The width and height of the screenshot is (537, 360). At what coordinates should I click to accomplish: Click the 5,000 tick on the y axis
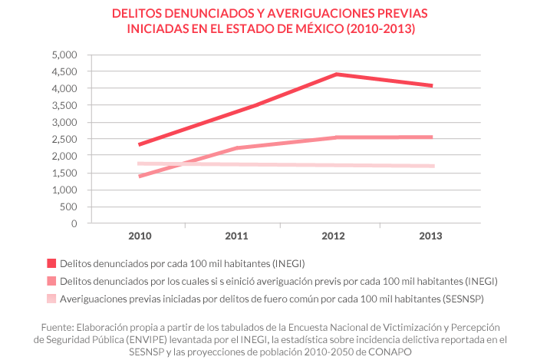pyautogui.click(x=64, y=55)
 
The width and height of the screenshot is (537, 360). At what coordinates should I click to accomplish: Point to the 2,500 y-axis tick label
pyautogui.click(x=64, y=139)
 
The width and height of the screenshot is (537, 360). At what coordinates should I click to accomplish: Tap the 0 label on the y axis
pyautogui.click(x=74, y=223)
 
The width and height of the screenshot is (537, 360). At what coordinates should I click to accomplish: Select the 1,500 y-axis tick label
pyautogui.click(x=64, y=173)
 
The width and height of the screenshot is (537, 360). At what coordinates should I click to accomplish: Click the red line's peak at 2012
pyautogui.click(x=335, y=74)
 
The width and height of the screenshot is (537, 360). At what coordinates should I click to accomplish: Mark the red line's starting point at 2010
pyautogui.click(x=140, y=144)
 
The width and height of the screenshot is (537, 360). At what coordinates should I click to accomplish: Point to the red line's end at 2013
pyautogui.click(x=433, y=86)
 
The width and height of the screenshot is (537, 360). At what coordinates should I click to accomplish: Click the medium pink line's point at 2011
pyautogui.click(x=237, y=148)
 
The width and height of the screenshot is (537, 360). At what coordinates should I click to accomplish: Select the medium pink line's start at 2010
pyautogui.click(x=140, y=176)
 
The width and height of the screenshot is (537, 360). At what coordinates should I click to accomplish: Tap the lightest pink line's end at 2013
pyautogui.click(x=433, y=166)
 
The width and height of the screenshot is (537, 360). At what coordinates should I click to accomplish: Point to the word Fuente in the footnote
pyautogui.click(x=61, y=325)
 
